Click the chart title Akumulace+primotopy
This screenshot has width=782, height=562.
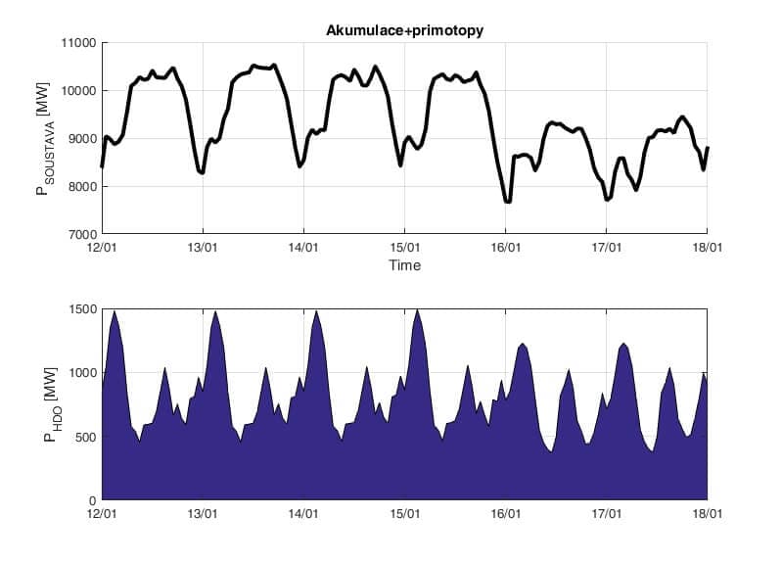tap(404, 31)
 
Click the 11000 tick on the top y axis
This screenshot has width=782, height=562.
tap(77, 43)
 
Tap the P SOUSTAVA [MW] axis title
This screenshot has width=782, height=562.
tap(43, 139)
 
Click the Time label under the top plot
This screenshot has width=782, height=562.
tap(404, 265)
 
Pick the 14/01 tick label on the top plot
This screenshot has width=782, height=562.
tap(303, 249)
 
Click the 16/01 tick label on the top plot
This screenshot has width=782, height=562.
tap(506, 249)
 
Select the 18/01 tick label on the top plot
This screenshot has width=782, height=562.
tap(708, 249)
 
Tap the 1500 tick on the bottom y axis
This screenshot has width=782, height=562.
tap(81, 309)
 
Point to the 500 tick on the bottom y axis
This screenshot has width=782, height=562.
tap(84, 437)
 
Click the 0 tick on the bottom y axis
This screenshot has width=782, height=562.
tap(91, 499)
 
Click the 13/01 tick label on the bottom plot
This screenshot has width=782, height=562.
tap(203, 513)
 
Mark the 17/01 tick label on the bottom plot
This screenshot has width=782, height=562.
tap(607, 513)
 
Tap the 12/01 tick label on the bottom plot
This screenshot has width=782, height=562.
tap(102, 513)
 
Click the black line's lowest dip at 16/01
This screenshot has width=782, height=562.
tap(507, 201)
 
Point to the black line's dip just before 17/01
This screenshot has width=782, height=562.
tap(608, 199)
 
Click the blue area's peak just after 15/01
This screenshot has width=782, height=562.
tap(418, 311)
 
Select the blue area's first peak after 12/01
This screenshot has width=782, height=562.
tap(115, 312)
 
